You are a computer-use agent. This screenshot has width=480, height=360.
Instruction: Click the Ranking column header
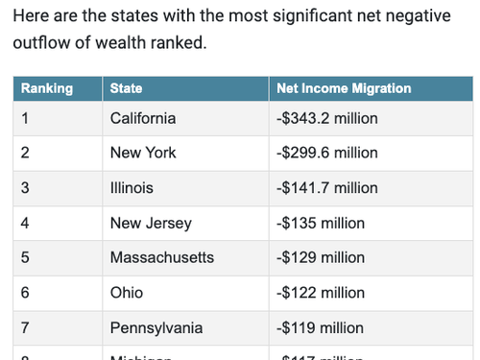47,88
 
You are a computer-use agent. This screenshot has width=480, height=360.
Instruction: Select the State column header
127,88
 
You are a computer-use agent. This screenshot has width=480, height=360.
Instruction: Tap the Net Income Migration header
344,88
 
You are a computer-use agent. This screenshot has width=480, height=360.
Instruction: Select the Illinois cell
132,188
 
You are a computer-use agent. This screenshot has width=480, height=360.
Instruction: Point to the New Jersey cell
151,223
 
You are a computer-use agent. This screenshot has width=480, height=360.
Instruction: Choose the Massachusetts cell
162,257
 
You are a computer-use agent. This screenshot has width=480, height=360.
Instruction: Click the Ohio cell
127,293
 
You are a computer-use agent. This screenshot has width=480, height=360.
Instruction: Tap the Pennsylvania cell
156,327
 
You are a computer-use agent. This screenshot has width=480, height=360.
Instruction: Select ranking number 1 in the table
25,118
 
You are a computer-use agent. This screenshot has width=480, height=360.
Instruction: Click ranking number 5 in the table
25,257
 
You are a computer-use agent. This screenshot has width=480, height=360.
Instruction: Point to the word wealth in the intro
121,44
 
